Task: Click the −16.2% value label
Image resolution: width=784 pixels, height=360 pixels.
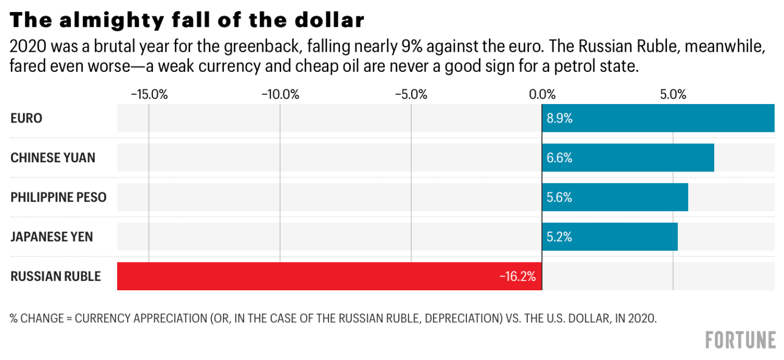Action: click(x=517, y=276)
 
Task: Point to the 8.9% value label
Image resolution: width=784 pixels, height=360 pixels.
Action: click(x=560, y=118)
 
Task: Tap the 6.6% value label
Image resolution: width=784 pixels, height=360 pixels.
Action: click(x=560, y=158)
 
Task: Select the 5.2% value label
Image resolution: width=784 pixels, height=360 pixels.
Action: click(x=560, y=237)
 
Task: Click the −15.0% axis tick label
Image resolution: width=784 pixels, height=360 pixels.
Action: click(x=149, y=94)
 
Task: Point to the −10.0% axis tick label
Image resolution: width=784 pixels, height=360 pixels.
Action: click(x=280, y=94)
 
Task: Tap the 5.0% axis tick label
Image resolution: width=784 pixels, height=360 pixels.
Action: click(x=673, y=94)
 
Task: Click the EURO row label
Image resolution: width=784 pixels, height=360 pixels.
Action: click(x=26, y=118)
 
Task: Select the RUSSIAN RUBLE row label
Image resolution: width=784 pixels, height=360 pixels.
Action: click(x=56, y=276)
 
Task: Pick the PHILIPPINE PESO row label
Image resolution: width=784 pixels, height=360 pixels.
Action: click(x=58, y=197)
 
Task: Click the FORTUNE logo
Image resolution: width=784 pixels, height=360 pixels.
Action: click(x=740, y=339)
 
